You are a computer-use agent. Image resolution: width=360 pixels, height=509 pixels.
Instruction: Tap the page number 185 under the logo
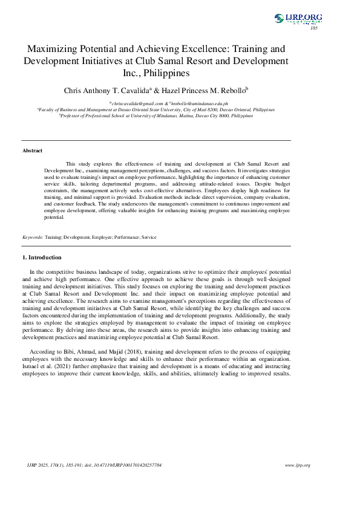[x=314, y=28]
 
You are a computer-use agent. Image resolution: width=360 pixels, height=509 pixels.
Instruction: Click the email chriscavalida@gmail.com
[x=136, y=104]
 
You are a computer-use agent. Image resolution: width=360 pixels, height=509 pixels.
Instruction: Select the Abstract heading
[x=32, y=150]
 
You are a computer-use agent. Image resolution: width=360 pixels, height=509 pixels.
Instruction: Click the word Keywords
[x=33, y=238]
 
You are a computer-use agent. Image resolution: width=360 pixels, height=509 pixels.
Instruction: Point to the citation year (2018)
[x=114, y=351]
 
